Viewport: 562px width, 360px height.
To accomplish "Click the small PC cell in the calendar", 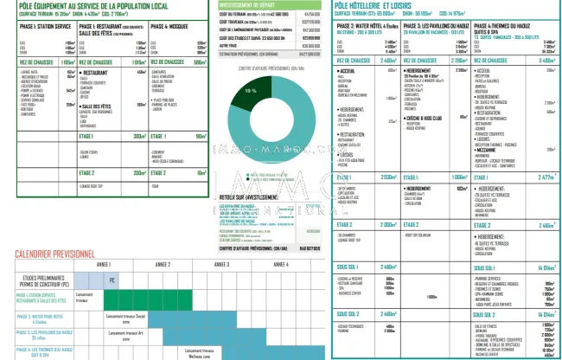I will click(x=111, y=280).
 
